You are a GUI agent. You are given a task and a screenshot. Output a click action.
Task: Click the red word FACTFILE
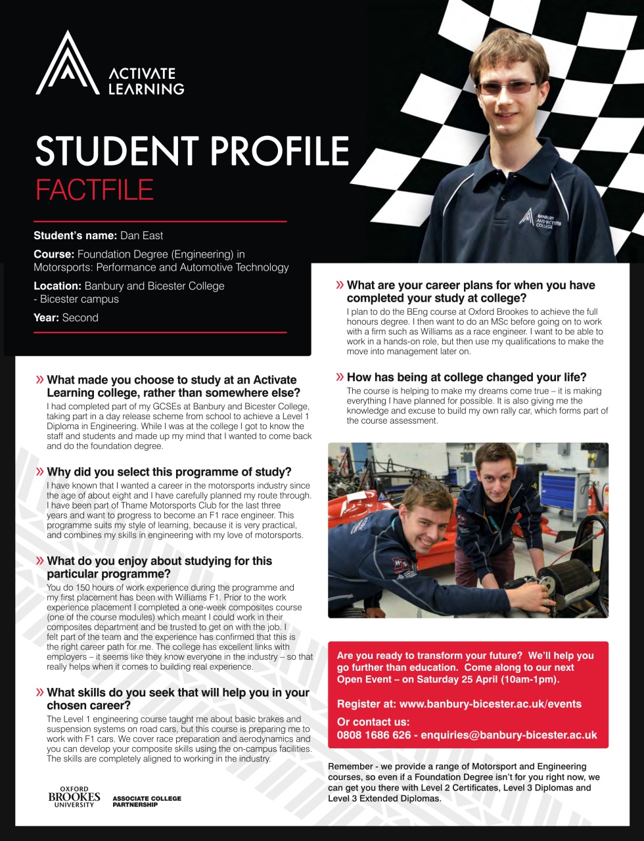pyautogui.click(x=94, y=190)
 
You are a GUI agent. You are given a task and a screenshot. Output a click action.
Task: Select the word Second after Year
pyautogui.click(x=80, y=317)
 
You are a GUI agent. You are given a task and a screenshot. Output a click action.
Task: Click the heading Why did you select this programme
pyautogui.click(x=169, y=472)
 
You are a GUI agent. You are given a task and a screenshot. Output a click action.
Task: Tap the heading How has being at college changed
pyautogui.click(x=467, y=377)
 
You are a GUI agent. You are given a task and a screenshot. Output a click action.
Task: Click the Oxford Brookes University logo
pyautogui.click(x=74, y=796)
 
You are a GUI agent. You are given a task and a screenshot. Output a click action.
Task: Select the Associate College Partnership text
pyautogui.click(x=147, y=801)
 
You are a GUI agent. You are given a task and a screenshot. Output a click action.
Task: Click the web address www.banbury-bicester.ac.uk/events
pyautogui.click(x=490, y=704)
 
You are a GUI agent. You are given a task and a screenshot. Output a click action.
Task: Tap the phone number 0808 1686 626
pyautogui.click(x=373, y=735)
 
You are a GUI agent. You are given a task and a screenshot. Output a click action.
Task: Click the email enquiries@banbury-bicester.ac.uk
pyautogui.click(x=509, y=735)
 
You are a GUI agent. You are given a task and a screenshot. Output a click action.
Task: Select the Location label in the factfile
pyautogui.click(x=58, y=286)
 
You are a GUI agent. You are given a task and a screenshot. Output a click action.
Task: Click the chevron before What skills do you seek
pyautogui.click(x=40, y=693)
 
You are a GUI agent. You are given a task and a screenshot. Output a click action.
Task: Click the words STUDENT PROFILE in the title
pyautogui.click(x=192, y=151)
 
